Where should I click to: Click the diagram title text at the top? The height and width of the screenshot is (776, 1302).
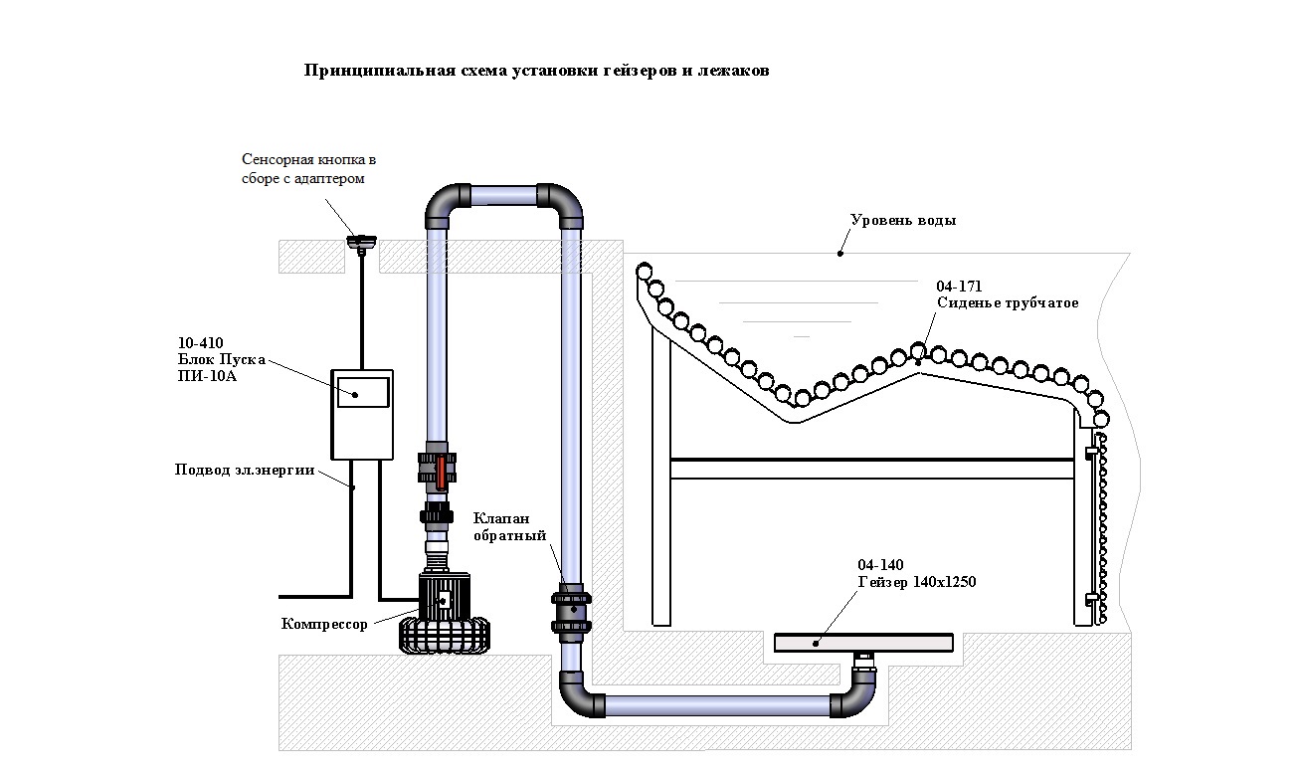(x=536, y=72)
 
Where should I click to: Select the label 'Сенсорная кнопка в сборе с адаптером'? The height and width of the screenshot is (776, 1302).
(x=309, y=169)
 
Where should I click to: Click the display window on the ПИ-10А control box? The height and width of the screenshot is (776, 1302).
(x=361, y=390)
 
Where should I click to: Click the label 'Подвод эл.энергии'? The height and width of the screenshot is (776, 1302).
(x=245, y=471)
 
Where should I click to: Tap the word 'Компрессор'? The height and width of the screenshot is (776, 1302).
(x=324, y=624)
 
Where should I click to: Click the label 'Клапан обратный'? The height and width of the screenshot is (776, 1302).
(x=509, y=527)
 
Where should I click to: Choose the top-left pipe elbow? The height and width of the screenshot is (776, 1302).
(x=445, y=203)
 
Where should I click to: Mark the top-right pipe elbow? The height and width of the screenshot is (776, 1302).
(x=562, y=203)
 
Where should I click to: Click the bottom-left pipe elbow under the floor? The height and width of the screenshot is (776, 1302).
(x=579, y=695)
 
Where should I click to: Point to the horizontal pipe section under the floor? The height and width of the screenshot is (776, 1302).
(x=716, y=705)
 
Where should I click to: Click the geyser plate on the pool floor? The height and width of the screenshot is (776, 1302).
(x=863, y=643)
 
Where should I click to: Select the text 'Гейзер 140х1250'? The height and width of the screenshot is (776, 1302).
(x=916, y=582)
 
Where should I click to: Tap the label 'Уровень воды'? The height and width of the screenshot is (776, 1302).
(x=903, y=221)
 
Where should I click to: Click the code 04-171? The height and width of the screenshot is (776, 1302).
(x=959, y=287)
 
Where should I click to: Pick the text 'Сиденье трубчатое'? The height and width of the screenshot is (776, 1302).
(x=1008, y=302)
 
